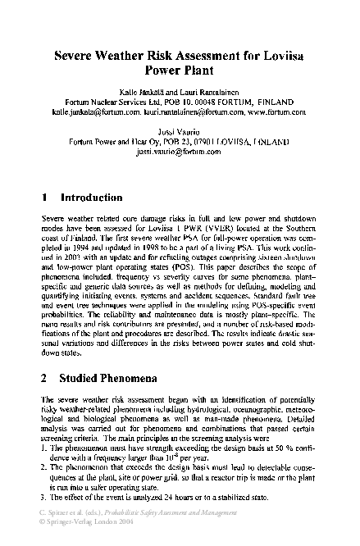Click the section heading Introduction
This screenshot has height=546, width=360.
(92, 198)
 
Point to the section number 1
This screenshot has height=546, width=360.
(44, 198)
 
